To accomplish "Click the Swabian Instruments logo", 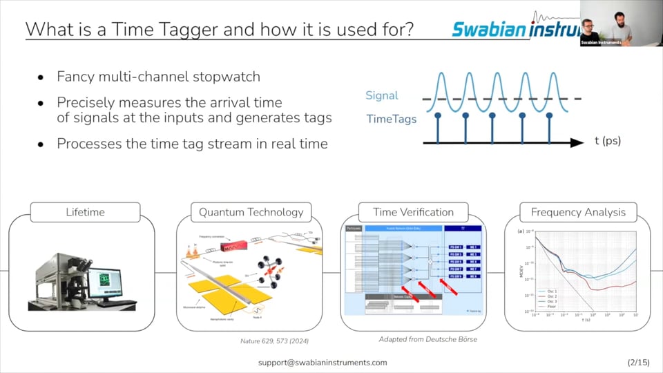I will tap(515, 28).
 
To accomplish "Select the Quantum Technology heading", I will tap(251, 212).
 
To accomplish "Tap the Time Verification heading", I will tap(413, 212).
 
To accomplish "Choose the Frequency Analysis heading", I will tap(578, 212).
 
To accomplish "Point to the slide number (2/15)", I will tap(637, 362).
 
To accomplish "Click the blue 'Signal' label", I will tap(382, 96).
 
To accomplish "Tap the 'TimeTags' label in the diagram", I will tap(391, 119).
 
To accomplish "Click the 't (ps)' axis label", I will tap(607, 141).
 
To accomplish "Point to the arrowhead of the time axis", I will tap(576, 142).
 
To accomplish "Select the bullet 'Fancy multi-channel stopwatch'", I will tap(158, 76).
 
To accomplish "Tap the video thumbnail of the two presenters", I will tap(621, 23).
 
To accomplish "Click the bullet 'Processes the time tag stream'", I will tap(192, 144).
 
